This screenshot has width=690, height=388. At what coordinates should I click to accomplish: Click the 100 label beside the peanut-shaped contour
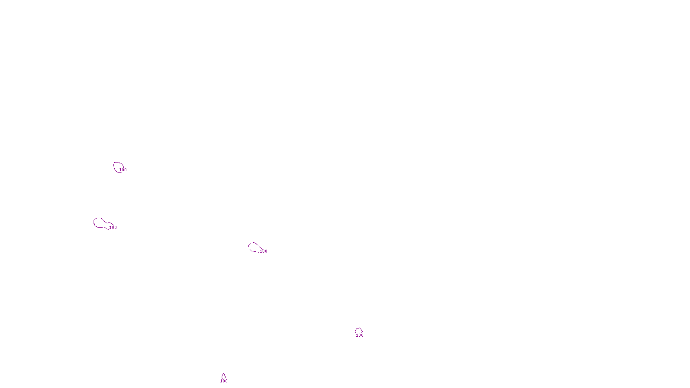(x=113, y=228)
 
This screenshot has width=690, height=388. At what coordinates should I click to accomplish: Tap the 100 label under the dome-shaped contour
(x=360, y=335)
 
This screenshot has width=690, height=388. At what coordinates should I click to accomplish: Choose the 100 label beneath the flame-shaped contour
(x=224, y=381)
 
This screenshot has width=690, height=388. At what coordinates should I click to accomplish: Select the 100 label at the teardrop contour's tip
(x=263, y=251)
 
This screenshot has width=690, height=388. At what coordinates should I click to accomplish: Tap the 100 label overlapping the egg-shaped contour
(x=123, y=170)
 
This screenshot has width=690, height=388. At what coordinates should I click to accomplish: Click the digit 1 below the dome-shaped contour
(x=357, y=335)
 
